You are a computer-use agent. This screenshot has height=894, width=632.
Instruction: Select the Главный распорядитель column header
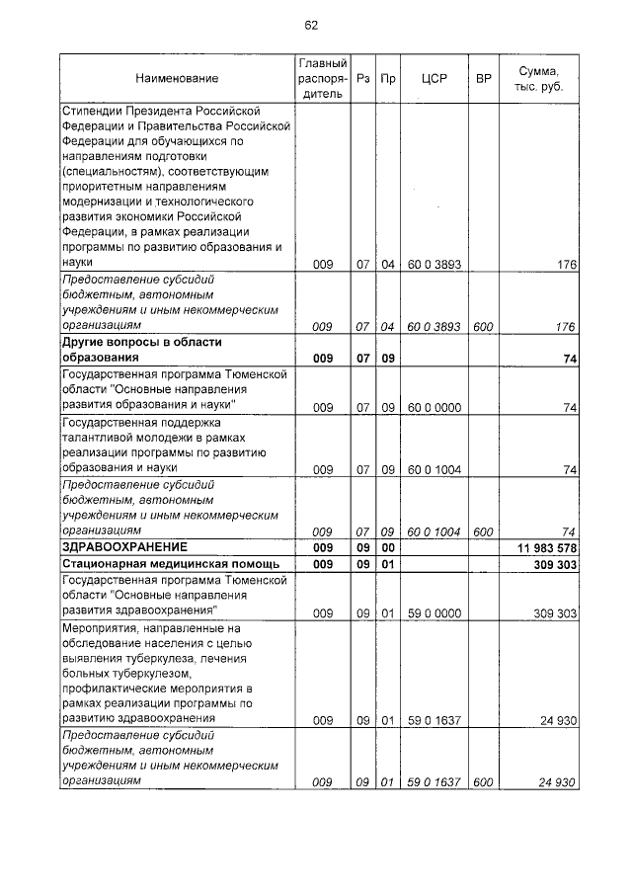(321, 78)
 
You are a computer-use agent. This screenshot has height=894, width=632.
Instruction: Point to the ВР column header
(483, 78)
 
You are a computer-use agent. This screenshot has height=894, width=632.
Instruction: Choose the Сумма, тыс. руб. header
(539, 78)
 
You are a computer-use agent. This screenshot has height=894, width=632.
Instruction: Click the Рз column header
(362, 78)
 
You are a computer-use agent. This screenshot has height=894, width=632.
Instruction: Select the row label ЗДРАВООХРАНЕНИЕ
(124, 546)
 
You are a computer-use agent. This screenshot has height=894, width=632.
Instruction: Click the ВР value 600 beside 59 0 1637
(483, 782)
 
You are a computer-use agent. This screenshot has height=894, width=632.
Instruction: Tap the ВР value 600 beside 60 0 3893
(483, 327)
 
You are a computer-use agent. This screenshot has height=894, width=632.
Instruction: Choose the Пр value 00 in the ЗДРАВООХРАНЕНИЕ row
(388, 547)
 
